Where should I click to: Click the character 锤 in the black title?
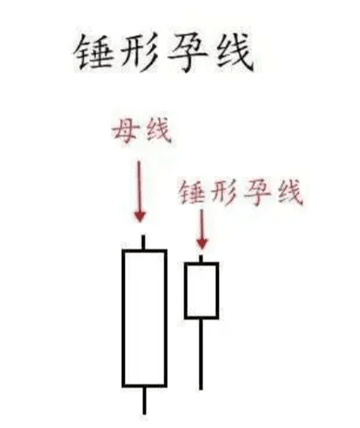(94, 52)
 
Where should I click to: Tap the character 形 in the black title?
(140, 52)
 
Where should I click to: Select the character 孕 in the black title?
(188, 52)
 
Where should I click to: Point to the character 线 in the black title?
(235, 52)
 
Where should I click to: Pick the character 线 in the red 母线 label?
(159, 131)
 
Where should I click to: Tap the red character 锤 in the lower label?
(191, 192)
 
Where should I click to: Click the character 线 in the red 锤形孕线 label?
(290, 192)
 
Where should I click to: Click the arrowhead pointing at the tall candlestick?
(140, 217)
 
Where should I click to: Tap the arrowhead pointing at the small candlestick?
(202, 243)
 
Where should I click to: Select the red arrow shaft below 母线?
(139, 187)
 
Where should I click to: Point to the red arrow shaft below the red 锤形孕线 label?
(202, 224)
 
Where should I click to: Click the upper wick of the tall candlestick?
(143, 242)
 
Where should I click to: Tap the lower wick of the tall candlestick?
(144, 400)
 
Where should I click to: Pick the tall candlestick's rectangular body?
(123, 318)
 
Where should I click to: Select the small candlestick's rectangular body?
(186, 290)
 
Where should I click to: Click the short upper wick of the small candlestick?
(201, 259)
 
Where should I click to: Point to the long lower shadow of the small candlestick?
(201, 354)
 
